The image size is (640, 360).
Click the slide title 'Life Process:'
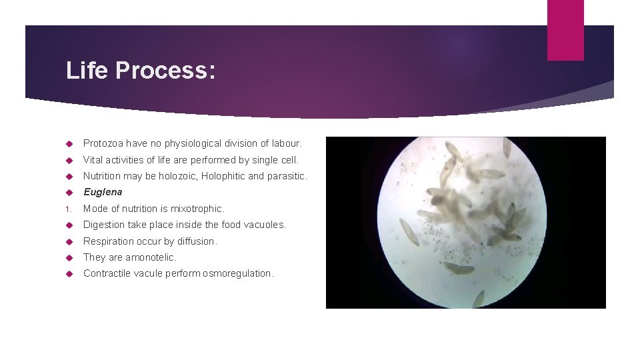tap(141, 71)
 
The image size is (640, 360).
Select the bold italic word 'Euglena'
tap(103, 192)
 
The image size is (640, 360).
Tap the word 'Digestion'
tap(105, 225)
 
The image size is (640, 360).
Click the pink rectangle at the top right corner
tap(565, 30)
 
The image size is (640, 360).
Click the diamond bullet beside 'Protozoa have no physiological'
tap(69, 144)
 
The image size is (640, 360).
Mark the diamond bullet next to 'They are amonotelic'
tap(69, 258)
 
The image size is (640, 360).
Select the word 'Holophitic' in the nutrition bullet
tap(215, 176)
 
